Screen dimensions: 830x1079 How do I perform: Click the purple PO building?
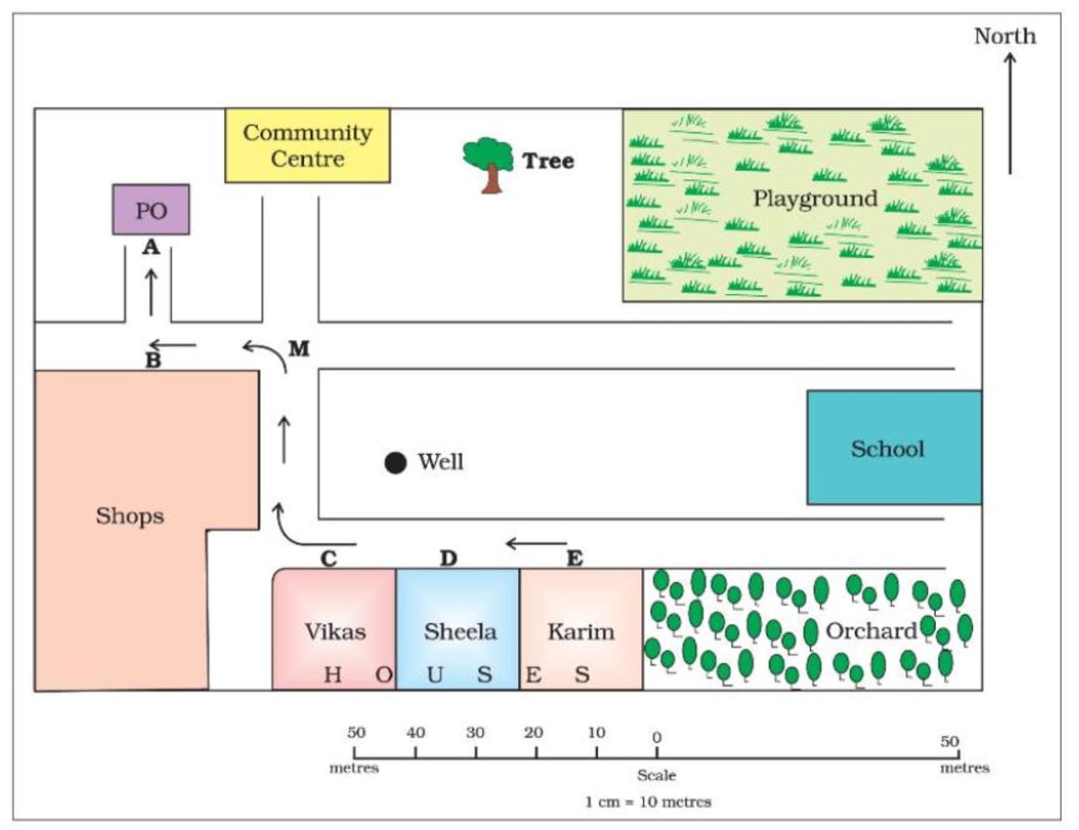click(150, 210)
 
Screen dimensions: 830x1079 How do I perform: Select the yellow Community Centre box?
click(307, 145)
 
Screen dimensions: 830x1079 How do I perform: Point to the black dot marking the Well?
click(395, 462)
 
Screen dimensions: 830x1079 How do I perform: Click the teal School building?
click(894, 447)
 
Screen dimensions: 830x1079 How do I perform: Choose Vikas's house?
click(334, 629)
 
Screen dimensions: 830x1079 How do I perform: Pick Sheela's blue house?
click(459, 629)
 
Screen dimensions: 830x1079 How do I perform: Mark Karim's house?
click(581, 629)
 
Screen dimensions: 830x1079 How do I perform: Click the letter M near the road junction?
click(299, 348)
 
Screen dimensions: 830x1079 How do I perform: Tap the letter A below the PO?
click(151, 247)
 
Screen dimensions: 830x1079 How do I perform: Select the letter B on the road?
click(153, 362)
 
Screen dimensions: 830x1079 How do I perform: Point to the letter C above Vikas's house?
click(328, 558)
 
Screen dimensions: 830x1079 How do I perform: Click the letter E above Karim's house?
click(575, 558)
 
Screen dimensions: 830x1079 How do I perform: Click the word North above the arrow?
click(1005, 36)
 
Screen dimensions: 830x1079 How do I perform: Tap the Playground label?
click(815, 198)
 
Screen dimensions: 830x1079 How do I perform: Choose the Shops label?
click(130, 516)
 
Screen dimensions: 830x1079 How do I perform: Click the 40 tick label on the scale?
click(415, 733)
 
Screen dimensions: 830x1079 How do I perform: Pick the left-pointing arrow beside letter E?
click(536, 543)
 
